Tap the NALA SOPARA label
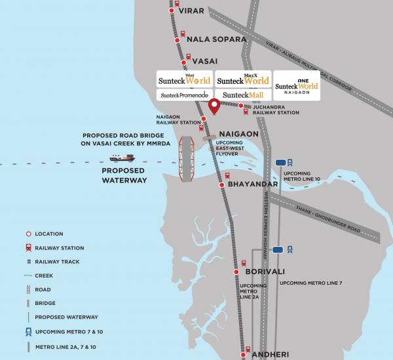216,39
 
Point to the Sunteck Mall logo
241,96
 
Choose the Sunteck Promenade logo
184,96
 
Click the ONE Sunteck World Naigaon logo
297,85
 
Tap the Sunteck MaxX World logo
242,80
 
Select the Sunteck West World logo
185,80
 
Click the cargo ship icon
122,157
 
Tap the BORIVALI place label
263,270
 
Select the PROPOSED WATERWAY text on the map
124,175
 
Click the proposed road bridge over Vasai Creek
188,157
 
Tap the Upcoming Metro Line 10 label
302,176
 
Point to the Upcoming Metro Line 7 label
310,283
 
